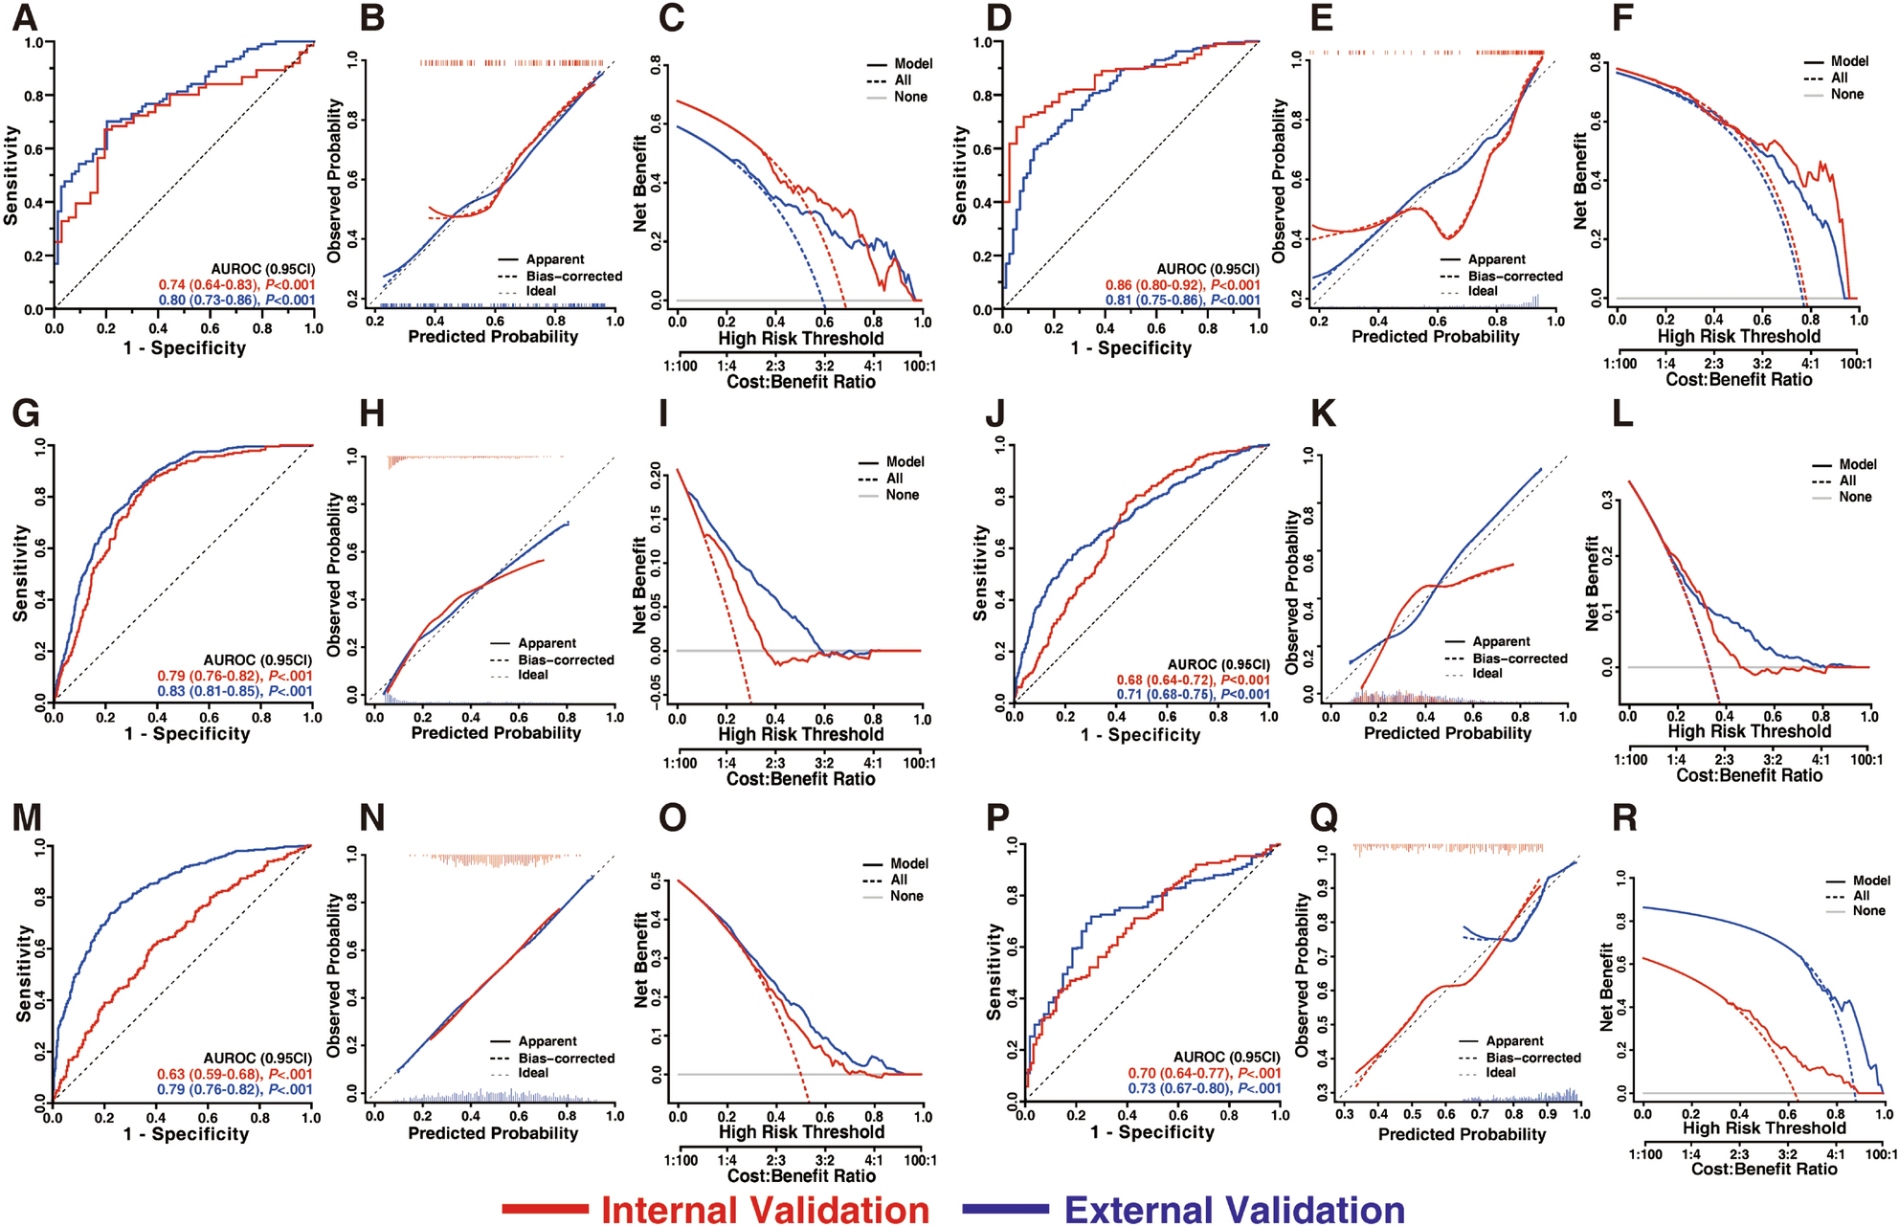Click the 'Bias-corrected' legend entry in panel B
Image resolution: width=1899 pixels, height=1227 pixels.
[x=573, y=276]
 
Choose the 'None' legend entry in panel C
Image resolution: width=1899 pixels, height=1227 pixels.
[x=910, y=97]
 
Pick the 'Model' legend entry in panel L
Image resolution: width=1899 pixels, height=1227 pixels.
[x=1857, y=464]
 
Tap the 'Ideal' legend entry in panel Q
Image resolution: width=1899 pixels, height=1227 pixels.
[x=1500, y=1073]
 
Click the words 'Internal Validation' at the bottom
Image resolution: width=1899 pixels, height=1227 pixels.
[x=765, y=1209]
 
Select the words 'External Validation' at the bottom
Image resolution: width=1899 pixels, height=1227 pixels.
[x=1234, y=1209]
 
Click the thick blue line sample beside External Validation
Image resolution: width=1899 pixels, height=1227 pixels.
[x=1005, y=1209]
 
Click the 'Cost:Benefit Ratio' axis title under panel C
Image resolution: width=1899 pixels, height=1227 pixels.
[x=801, y=381]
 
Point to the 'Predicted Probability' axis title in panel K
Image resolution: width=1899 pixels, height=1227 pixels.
[x=1446, y=733]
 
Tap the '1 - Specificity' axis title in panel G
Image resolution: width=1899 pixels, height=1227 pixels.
[x=187, y=734]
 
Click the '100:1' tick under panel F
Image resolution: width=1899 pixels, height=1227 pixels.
[x=1855, y=364]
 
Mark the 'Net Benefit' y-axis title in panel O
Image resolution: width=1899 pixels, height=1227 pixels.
[x=641, y=959]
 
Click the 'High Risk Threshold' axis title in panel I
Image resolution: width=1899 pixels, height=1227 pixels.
[x=801, y=734]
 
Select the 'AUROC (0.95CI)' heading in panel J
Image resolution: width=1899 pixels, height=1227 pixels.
[x=1218, y=664]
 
